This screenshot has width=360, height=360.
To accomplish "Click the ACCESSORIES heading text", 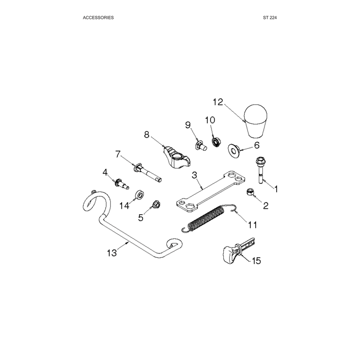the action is click(x=98, y=18).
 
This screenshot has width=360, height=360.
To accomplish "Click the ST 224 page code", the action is click(x=270, y=18).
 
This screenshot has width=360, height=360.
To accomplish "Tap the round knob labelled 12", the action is click(x=256, y=121).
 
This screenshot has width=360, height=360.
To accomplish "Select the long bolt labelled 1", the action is click(x=260, y=170).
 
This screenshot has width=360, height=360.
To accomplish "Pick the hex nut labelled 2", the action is click(x=250, y=192).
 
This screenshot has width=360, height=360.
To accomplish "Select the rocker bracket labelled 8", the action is click(x=176, y=157).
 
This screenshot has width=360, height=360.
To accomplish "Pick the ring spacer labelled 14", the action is click(x=139, y=195).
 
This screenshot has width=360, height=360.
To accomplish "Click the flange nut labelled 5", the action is click(x=156, y=204).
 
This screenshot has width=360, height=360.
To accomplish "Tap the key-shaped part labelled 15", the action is click(x=238, y=250).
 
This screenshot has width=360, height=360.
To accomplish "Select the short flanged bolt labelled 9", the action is click(x=201, y=145).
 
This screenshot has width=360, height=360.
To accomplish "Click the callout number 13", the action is click(x=112, y=253).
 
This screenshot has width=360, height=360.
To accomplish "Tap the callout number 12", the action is click(x=218, y=102).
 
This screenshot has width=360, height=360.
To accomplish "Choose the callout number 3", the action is click(x=194, y=175).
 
